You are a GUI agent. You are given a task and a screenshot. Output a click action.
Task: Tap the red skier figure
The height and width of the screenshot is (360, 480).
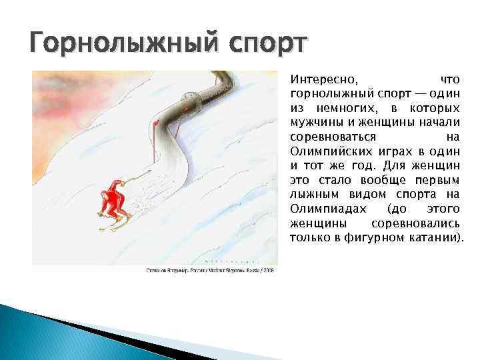pyautogui.click(x=113, y=201)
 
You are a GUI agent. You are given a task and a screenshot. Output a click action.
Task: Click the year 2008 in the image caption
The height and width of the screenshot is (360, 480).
pyautogui.click(x=268, y=270)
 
